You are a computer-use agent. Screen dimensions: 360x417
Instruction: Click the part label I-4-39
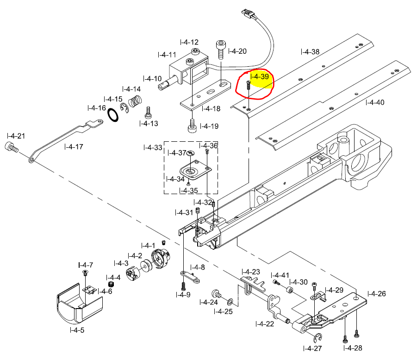[x=259, y=76]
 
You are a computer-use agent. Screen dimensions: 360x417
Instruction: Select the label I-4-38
[x=310, y=52]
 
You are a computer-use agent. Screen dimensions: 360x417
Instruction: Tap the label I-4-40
[x=375, y=102]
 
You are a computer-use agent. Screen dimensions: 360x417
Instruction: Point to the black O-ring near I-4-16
[x=113, y=114]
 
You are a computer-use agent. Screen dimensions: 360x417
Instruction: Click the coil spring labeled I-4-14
[x=135, y=101]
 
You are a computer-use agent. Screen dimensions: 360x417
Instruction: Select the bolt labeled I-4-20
[x=220, y=49]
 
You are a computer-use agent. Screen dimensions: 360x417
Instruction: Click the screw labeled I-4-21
[x=11, y=148]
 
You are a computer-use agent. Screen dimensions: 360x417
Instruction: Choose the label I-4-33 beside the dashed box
[x=153, y=148]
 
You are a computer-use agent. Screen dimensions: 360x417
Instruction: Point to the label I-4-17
[x=74, y=147]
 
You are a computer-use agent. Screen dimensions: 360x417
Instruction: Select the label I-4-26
[x=377, y=293]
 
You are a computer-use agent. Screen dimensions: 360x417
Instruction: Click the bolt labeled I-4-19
[x=192, y=125]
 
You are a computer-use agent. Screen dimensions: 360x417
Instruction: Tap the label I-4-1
[x=148, y=245]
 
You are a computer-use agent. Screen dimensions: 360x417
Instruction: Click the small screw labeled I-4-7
[x=85, y=274]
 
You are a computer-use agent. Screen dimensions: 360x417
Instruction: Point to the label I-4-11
[x=167, y=55]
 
